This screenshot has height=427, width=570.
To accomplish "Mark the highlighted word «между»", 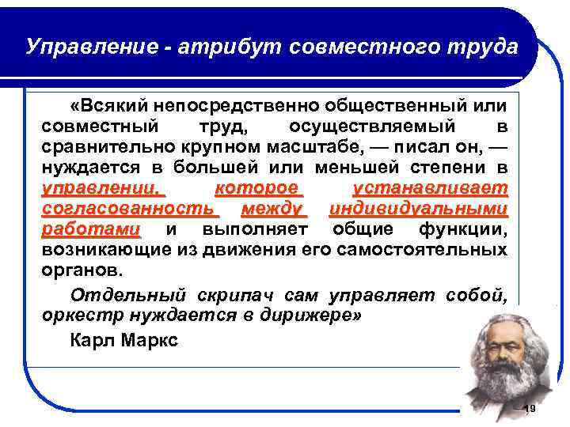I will (272, 209).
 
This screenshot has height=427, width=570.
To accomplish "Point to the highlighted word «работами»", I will (91, 229).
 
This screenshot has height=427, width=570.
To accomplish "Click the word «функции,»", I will (463, 229).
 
